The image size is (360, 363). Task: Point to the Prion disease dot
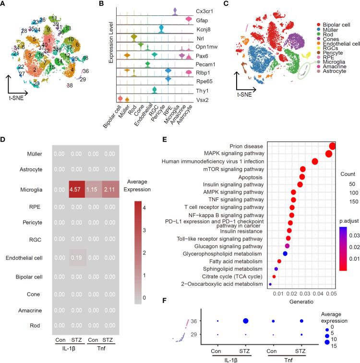tap(332, 146)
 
